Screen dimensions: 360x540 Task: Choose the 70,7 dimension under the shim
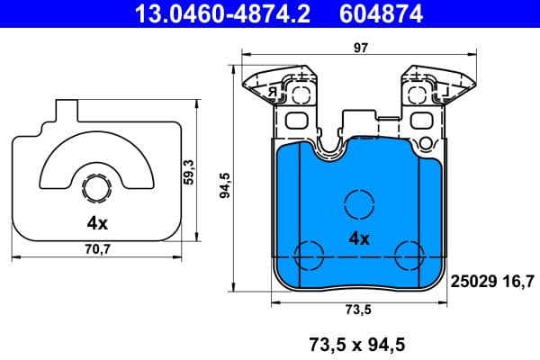point(97,249)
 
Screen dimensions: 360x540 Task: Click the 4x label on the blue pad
point(359,238)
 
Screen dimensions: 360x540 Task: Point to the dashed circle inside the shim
point(97,188)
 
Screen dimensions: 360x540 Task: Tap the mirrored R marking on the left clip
point(269,91)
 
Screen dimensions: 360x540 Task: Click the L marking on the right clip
point(443,91)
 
